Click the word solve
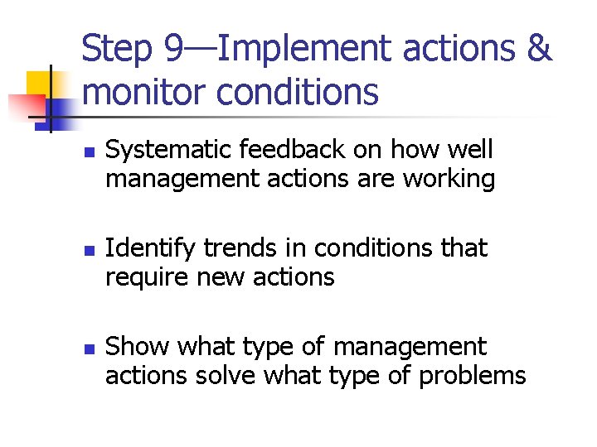point(228,375)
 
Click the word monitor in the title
point(144,93)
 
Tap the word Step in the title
point(118,50)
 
